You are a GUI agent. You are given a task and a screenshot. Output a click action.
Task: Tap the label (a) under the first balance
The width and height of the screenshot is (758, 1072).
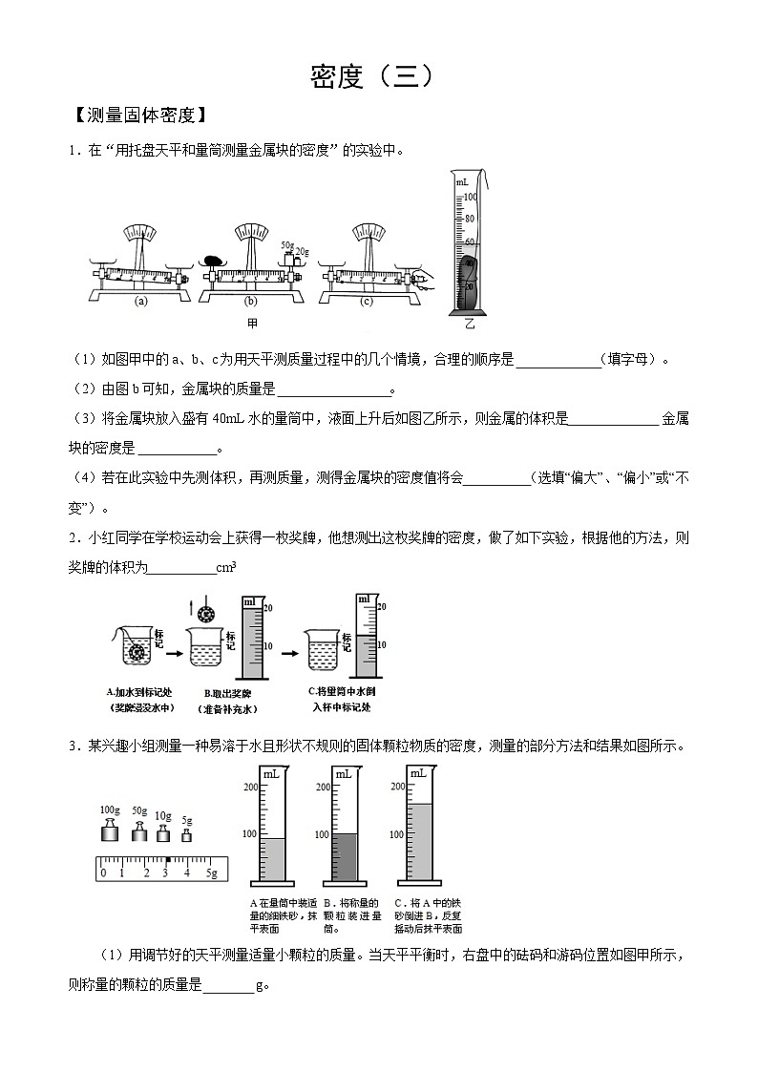click(x=141, y=301)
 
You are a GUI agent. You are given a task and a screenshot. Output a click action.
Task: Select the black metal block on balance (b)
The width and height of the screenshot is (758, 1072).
click(x=212, y=260)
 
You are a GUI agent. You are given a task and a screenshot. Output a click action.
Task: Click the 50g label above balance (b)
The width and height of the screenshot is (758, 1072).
click(x=285, y=244)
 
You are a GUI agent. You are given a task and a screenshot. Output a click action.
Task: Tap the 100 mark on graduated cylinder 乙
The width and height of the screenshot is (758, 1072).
click(x=470, y=197)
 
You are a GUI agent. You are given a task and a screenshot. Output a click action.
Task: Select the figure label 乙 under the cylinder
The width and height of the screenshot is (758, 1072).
click(x=469, y=324)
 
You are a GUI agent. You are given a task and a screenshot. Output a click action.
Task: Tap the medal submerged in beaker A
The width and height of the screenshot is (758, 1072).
click(x=138, y=653)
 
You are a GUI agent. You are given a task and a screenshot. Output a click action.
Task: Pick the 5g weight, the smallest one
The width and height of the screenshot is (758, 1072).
click(x=187, y=835)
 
